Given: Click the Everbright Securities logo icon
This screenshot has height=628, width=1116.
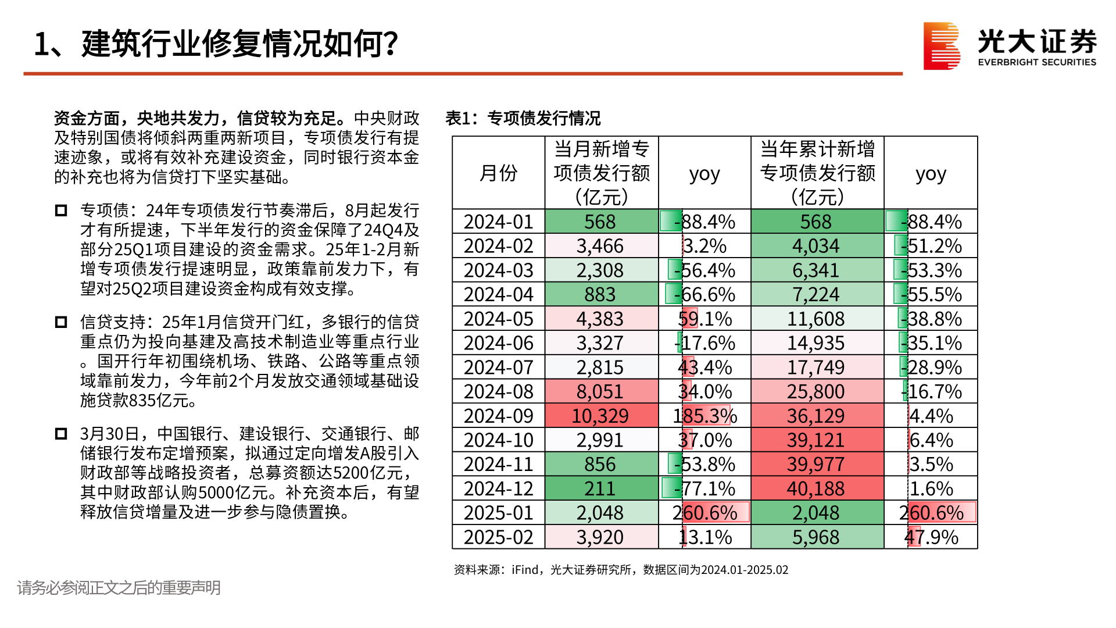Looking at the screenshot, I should tap(941, 46).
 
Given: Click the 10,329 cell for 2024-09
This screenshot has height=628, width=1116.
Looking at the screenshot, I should tap(600, 416).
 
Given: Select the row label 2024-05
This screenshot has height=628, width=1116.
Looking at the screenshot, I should tap(498, 319).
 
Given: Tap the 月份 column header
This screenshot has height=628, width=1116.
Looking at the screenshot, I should tap(498, 173).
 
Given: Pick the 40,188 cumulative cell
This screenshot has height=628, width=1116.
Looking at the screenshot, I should tap(816, 488).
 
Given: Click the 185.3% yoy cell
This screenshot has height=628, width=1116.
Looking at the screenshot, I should tap(704, 416).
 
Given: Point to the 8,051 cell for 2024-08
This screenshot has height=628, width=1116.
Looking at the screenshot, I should tap(600, 391).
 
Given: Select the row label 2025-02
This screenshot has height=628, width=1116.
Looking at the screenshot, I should tap(498, 537).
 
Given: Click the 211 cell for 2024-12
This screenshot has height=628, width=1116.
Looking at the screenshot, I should tap(600, 488).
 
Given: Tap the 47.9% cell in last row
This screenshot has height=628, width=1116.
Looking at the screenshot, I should tap(931, 537).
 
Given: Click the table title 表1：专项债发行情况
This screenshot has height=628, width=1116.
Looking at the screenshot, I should tap(523, 118).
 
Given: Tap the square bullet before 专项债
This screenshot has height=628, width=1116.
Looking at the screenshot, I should tap(61, 210).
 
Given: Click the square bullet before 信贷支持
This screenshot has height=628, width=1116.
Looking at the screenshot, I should tap(61, 322).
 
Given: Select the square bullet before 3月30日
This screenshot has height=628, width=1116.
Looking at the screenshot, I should tap(61, 434).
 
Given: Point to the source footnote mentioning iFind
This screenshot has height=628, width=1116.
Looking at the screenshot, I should tap(621, 570).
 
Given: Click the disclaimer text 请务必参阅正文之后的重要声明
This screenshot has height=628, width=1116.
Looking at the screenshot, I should tap(119, 588).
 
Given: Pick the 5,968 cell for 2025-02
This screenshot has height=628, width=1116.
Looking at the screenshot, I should tap(816, 537).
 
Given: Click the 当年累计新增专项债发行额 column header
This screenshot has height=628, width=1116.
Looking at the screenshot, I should tap(817, 173).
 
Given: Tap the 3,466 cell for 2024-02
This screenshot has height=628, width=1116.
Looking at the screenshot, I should tap(600, 246).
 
